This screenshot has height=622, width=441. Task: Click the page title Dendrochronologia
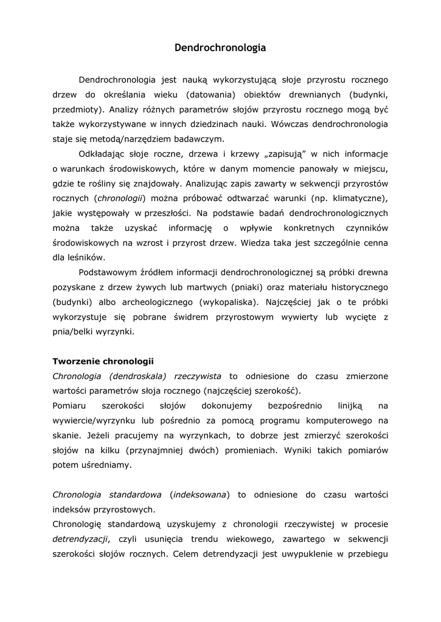pos(220,47)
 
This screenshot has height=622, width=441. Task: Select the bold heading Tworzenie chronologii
pos(103,361)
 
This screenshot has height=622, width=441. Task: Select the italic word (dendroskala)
pos(137,376)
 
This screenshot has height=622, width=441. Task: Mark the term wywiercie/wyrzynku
pos(94,420)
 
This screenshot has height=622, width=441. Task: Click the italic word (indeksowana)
pos(199,494)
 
